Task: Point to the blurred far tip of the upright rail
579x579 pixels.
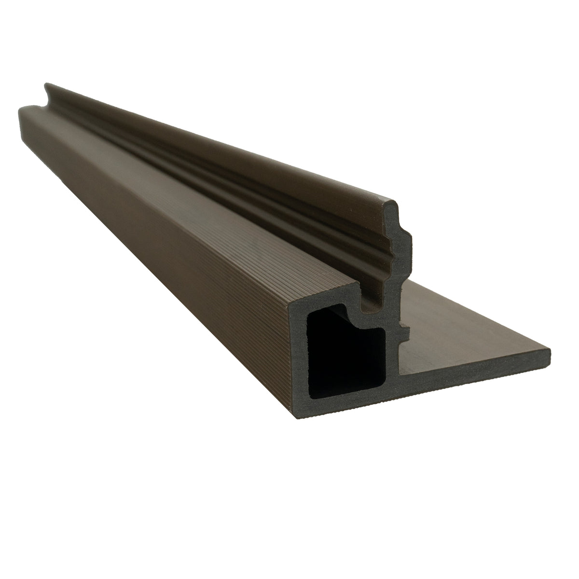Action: [47, 87]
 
